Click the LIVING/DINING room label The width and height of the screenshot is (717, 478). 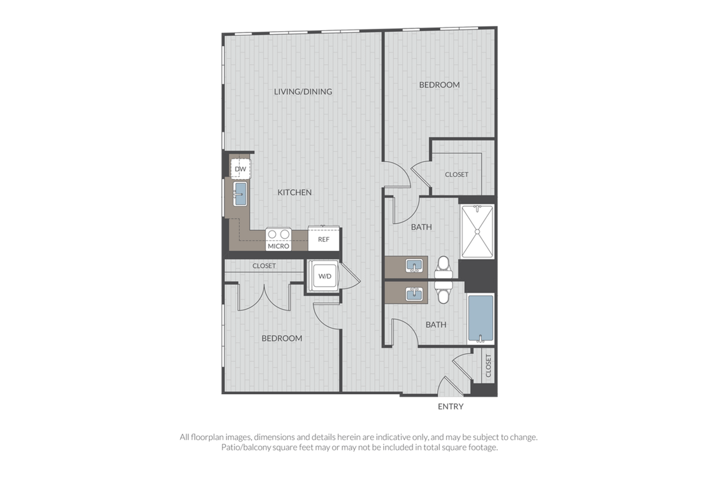(303, 91)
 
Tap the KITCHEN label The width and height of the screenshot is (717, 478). (294, 192)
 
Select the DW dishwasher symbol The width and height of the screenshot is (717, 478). (241, 169)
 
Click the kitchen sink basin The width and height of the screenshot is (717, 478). (240, 194)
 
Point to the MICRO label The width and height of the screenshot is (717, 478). (279, 246)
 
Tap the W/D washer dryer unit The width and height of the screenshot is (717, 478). (323, 276)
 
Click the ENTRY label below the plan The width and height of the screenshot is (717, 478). (450, 406)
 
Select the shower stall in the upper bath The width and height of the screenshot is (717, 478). (477, 232)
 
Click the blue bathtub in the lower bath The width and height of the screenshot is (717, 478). (481, 318)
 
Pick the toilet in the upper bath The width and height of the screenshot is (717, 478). (443, 268)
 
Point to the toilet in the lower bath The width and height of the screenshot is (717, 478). (443, 292)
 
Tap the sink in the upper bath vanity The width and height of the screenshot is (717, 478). (414, 266)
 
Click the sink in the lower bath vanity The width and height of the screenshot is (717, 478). (414, 294)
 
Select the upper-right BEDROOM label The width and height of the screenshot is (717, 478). (439, 85)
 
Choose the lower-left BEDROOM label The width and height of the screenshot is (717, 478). (282, 338)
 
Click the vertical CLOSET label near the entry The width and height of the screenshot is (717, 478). (488, 365)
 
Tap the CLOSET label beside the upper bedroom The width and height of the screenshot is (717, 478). (456, 175)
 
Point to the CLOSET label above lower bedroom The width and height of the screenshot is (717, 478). (264, 266)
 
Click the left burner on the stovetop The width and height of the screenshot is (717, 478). (272, 235)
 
